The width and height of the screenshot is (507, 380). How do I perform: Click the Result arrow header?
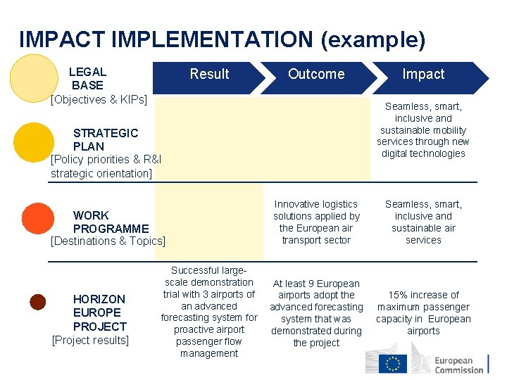coord(210,75)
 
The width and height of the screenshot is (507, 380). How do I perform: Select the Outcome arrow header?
coord(316,75)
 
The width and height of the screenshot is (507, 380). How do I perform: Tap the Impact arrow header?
coord(423,75)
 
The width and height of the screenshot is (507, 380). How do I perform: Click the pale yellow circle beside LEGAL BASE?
coord(31,77)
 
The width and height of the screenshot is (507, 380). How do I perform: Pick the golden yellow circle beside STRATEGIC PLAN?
coord(31,144)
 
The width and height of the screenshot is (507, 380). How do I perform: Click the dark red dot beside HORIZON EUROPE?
coord(38,303)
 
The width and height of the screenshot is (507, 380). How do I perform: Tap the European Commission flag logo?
coord(393,363)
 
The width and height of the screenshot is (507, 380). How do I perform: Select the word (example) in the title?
coord(373,40)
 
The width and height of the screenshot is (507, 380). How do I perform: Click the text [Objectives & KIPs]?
coord(99,99)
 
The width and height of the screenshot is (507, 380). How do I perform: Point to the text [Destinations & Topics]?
coord(108,241)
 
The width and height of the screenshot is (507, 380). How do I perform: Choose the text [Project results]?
coord(91,341)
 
